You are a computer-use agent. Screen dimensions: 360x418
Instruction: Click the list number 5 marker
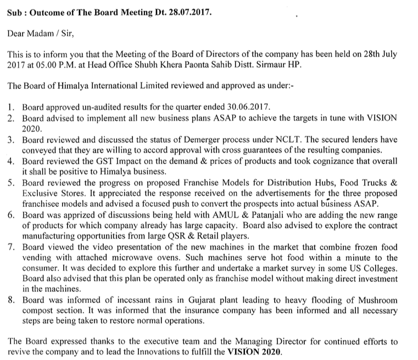(x=10, y=182)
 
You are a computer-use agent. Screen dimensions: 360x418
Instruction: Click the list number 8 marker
(x=10, y=301)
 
